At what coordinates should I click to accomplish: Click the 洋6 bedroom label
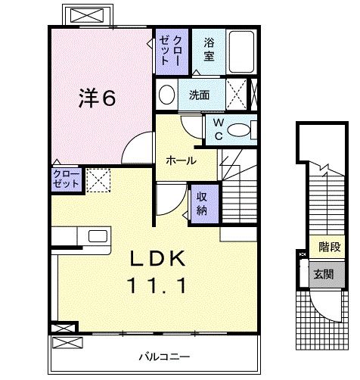tap(97, 98)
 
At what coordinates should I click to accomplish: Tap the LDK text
tap(157, 259)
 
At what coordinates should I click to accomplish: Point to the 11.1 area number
tap(157, 285)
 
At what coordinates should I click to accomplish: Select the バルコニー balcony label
tap(164, 357)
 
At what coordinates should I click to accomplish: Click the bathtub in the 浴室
tap(241, 51)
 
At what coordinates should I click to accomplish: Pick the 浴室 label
tap(209, 49)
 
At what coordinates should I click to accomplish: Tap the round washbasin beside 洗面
tap(166, 95)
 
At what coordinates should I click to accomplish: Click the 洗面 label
tap(199, 95)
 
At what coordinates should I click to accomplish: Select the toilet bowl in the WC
tap(238, 130)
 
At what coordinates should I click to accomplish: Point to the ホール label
tap(181, 160)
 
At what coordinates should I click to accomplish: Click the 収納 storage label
tap(202, 204)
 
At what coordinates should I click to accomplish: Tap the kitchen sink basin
tap(98, 236)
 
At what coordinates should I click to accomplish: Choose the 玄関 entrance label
tap(324, 274)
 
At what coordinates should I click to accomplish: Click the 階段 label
tap(330, 247)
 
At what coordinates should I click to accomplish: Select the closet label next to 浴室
tap(171, 51)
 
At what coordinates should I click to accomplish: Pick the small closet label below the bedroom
tap(67, 179)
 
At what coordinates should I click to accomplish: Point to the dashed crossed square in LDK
tap(98, 180)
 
